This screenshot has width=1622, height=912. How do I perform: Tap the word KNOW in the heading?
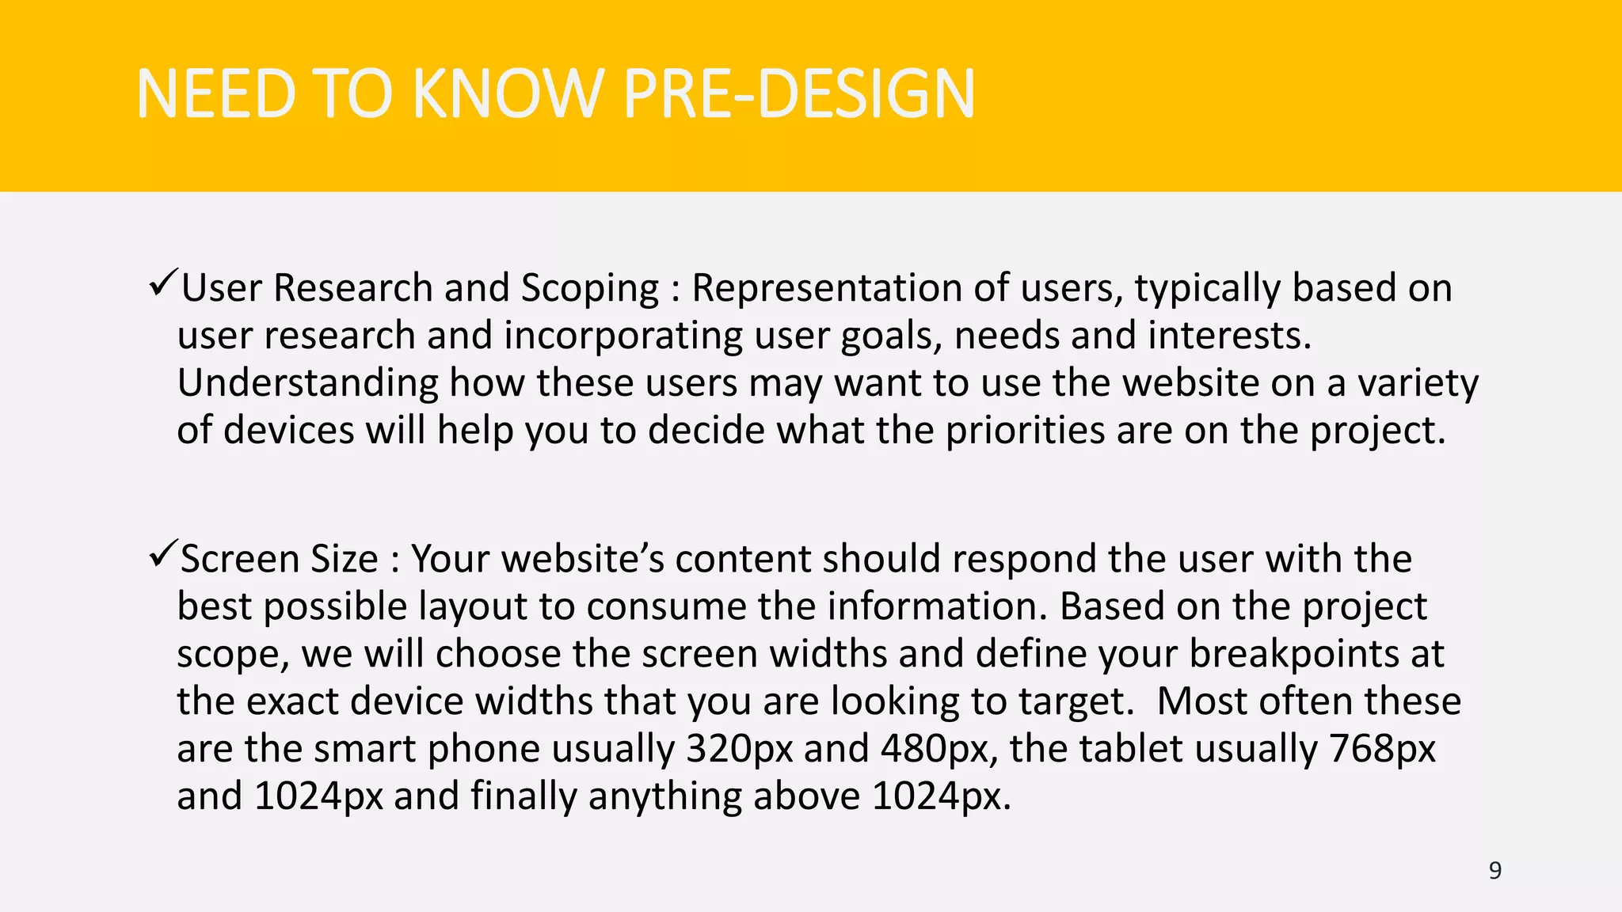click(x=507, y=94)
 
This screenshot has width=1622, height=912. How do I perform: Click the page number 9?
click(x=1494, y=871)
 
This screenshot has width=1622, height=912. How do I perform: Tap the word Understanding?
click(x=307, y=384)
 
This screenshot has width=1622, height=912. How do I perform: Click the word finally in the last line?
click(x=524, y=796)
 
